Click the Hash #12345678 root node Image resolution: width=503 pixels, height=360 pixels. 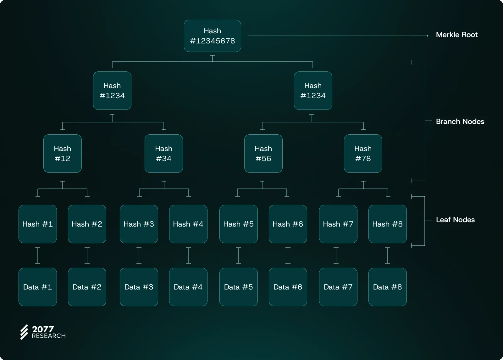[213, 36]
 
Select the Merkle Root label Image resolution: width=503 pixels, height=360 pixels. [456, 35]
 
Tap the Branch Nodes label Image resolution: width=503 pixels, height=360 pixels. [460, 121]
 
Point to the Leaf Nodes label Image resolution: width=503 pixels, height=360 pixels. [455, 220]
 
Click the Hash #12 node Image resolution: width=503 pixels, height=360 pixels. [63, 154]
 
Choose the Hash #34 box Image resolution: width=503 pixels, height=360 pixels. [164, 154]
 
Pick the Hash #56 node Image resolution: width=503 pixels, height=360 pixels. [263, 154]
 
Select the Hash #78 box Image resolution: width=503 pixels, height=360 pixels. [363, 154]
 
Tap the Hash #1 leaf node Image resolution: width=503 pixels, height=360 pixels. [38, 224]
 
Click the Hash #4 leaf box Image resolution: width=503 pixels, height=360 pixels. [188, 224]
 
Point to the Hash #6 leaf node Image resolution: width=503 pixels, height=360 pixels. [288, 224]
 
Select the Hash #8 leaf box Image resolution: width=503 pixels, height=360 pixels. [388, 224]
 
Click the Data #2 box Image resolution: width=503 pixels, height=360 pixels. [87, 287]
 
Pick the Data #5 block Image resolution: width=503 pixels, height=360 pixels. [239, 287]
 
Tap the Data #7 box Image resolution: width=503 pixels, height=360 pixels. [338, 287]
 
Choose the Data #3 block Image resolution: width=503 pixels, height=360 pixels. [139, 287]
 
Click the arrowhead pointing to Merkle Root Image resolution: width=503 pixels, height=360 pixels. [428, 36]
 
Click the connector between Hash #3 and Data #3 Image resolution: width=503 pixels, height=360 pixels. [139, 256]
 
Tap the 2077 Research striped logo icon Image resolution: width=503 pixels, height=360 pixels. [24, 332]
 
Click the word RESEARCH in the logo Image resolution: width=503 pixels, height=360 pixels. [49, 336]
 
